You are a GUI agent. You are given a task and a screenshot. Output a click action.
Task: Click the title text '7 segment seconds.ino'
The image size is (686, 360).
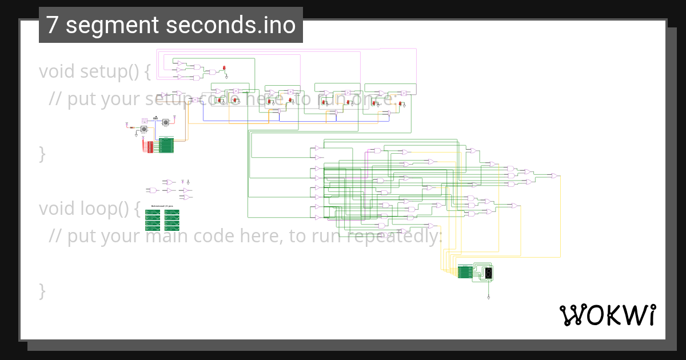pyautogui.click(x=170, y=25)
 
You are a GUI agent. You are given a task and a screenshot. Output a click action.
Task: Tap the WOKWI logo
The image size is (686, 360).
pyautogui.click(x=607, y=315)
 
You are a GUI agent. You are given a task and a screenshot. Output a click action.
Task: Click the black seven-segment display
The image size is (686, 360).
pyautogui.click(x=488, y=273)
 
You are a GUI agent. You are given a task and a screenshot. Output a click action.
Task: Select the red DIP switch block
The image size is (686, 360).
pyautogui.click(x=150, y=147)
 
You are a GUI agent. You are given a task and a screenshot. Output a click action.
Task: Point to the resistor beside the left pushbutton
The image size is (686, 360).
pyautogui.click(x=132, y=127)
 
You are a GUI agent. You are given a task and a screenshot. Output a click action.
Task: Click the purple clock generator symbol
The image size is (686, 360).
pyautogui.click(x=145, y=121)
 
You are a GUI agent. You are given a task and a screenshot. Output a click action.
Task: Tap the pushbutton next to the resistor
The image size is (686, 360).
pyautogui.click(x=143, y=130)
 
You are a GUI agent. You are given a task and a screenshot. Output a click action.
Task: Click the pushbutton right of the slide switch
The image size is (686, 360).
pyautogui.click(x=166, y=122)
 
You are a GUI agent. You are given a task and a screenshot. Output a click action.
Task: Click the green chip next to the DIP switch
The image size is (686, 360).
pyautogui.click(x=166, y=145)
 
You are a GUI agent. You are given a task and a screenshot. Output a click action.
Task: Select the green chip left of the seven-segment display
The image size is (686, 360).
pyautogui.click(x=465, y=273)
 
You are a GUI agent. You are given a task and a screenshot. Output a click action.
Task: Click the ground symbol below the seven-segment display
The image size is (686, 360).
pyautogui.click(x=488, y=298)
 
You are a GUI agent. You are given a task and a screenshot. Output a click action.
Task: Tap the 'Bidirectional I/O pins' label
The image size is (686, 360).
pyautogui.click(x=162, y=206)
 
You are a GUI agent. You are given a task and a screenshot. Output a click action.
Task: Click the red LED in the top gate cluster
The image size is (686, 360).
pyautogui.click(x=225, y=69)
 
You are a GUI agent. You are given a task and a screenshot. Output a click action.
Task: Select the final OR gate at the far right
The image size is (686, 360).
pyautogui.click(x=554, y=176)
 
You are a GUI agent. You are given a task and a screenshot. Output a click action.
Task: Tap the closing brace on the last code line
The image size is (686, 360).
pyautogui.click(x=42, y=290)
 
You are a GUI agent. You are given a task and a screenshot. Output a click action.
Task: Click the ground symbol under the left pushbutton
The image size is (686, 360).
pyautogui.click(x=135, y=136)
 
